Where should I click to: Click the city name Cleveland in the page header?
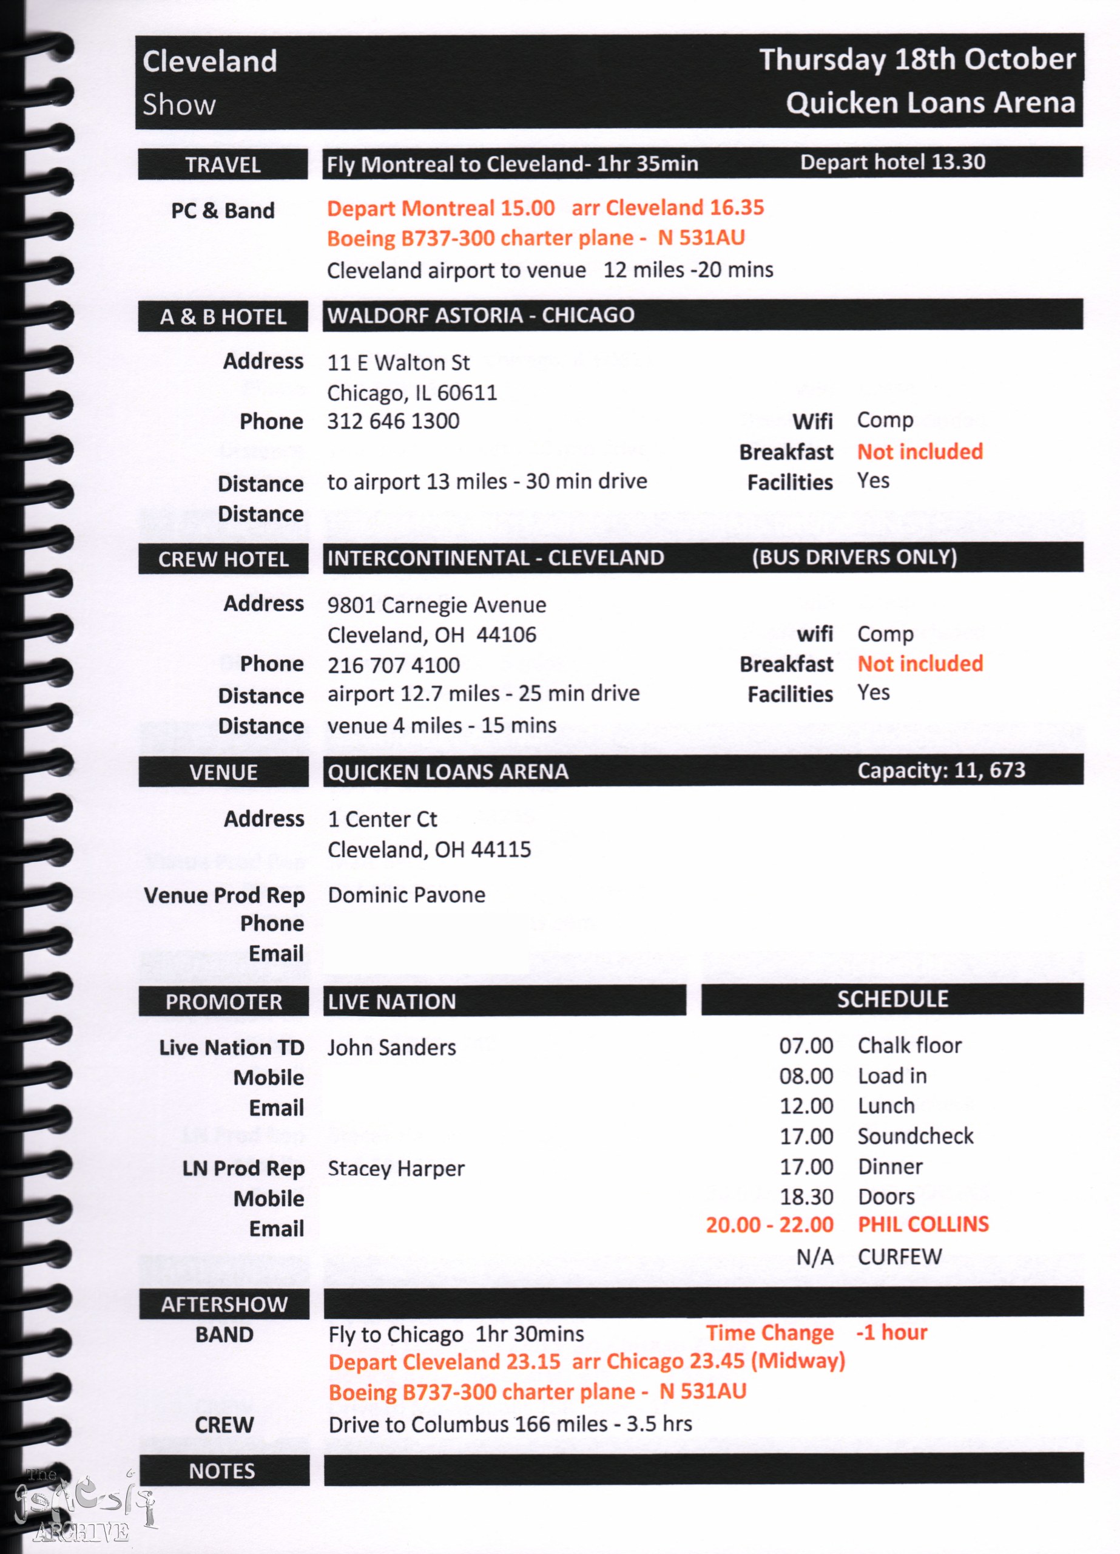209,62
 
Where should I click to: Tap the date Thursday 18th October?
917,59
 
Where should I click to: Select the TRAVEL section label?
223,165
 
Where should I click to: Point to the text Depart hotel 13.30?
892,163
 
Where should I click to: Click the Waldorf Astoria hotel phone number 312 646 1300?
393,421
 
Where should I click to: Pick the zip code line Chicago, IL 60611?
413,393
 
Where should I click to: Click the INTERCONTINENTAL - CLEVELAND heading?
495,558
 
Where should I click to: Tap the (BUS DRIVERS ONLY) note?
854,557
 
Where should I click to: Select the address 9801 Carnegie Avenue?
436,605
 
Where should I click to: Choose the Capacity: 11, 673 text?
941,770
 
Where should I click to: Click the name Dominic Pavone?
407,895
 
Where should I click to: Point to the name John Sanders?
391,1048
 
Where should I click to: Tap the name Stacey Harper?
396,1169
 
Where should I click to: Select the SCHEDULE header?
892,999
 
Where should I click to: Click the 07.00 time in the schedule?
806,1045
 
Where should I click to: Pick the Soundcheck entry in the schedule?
915,1136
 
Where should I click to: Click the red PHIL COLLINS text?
923,1224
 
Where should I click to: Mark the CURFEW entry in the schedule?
899,1257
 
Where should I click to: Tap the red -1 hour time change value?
891,1332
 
